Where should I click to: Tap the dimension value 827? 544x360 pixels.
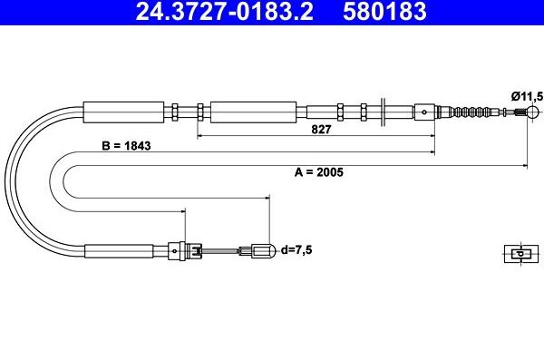click(x=320, y=129)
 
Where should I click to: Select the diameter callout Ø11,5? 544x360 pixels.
click(x=526, y=94)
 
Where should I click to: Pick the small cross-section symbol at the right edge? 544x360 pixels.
click(x=516, y=254)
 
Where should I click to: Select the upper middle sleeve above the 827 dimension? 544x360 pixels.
click(x=253, y=112)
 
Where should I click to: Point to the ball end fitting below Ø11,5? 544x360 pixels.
click(x=523, y=112)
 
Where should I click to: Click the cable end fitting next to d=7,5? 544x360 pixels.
click(x=261, y=250)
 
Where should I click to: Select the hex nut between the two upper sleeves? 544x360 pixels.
click(x=199, y=112)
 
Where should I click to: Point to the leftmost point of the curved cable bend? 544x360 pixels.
click(x=7, y=181)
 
